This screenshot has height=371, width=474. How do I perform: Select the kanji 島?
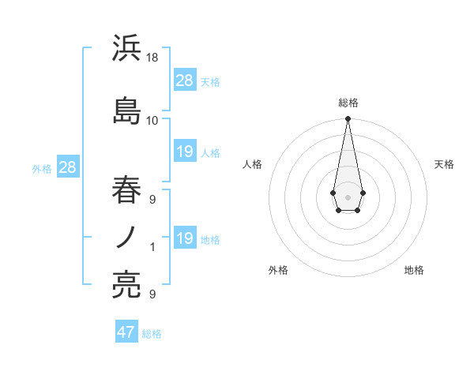coord(126,111)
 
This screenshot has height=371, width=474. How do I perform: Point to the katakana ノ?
coord(126,237)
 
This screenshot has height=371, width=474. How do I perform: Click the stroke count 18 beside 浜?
coord(152,58)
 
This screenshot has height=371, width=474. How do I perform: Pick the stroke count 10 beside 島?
coord(152,121)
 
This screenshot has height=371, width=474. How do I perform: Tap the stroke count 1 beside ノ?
coord(152,247)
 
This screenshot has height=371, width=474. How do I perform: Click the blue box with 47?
coord(126,332)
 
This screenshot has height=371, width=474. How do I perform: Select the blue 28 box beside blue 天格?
coord(185,81)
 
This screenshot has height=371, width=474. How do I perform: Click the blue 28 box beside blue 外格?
coord(67,167)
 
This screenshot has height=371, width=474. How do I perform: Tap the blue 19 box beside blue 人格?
coord(185,152)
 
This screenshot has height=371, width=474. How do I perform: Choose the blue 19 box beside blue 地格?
coord(185,238)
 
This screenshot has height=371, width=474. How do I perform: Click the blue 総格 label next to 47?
coord(152,334)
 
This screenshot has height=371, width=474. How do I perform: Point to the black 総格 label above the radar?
coord(348,103)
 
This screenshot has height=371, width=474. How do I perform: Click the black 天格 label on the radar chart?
coord(444,164)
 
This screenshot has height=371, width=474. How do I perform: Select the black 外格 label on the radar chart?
coord(278,270)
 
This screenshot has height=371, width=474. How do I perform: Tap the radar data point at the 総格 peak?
coord(348,119)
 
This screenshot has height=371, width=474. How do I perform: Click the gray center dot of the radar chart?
coord(348,196)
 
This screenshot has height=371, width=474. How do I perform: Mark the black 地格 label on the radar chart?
coord(414,270)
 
